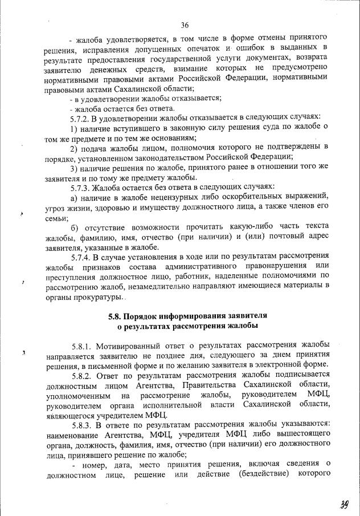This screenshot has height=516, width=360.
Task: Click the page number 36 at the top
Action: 185,25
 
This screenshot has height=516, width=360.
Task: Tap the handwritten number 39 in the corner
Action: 341,503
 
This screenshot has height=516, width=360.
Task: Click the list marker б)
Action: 74,227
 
